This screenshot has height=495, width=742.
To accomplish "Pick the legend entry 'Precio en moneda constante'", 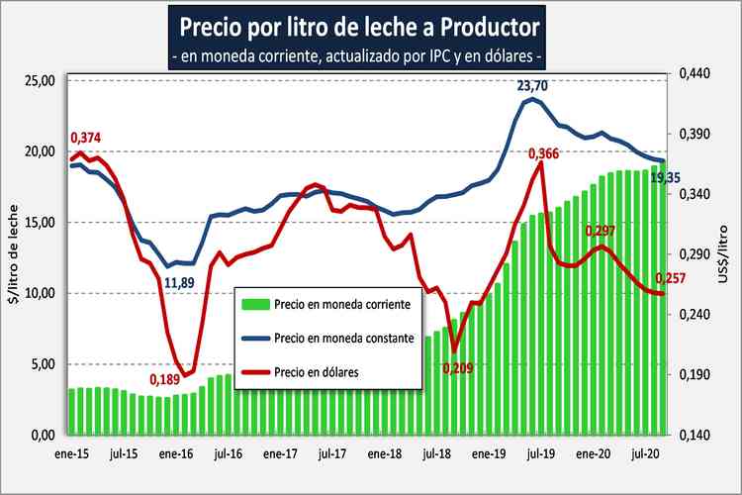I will (x=341, y=338).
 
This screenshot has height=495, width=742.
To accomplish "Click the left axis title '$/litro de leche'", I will (x=13, y=257).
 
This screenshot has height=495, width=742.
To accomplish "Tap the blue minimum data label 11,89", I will (x=179, y=283).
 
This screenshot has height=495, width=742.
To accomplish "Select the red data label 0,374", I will (x=86, y=137).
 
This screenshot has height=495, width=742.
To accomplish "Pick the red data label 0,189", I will (x=165, y=378).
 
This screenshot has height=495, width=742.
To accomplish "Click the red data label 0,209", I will (x=459, y=367).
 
